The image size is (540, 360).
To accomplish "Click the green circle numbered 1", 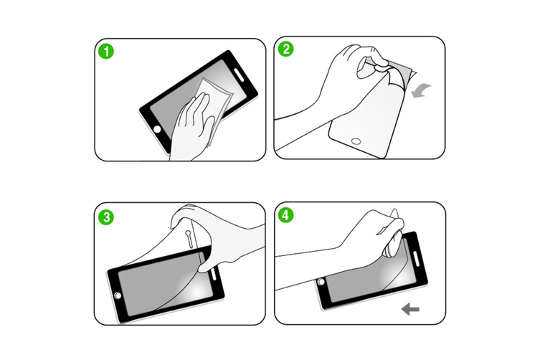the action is (x=106, y=52).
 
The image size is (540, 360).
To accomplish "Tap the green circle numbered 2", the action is (x=286, y=49).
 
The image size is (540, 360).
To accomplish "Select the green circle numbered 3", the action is (x=106, y=217).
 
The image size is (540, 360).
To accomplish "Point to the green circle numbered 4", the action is (x=285, y=215).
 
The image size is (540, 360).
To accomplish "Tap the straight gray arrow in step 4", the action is (x=410, y=308).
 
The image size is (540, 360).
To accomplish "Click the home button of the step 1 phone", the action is (x=157, y=130).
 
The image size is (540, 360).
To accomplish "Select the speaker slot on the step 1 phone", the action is (x=239, y=75).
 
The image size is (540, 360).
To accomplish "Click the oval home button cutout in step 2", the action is (x=356, y=141).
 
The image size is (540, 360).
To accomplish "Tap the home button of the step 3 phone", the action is (x=118, y=295).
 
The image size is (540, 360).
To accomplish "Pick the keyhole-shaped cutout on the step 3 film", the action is (x=189, y=238).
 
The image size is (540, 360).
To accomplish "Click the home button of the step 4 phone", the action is (x=321, y=282).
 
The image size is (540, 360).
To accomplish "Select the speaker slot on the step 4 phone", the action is (x=415, y=258).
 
